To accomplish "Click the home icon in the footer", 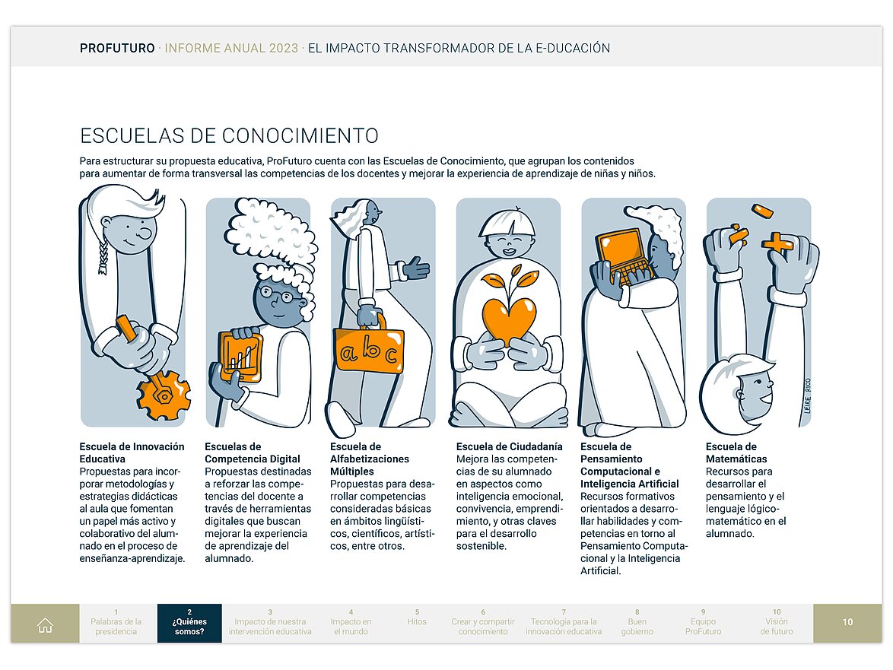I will click(x=45, y=625).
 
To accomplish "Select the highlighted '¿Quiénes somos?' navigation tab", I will click(x=189, y=624).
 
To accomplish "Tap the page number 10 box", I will click(x=847, y=623).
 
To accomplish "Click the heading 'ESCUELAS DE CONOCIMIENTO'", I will click(x=229, y=136).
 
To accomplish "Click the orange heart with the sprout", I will click(x=509, y=316).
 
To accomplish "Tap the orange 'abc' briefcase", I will click(x=370, y=351).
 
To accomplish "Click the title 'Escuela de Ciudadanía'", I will click(x=509, y=446).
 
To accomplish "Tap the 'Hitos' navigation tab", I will click(x=417, y=622).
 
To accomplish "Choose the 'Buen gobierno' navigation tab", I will click(x=637, y=626).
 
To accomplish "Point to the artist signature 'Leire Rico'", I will click(x=807, y=395).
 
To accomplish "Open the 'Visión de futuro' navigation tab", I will click(x=776, y=626).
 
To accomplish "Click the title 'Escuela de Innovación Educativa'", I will click(x=132, y=452).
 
